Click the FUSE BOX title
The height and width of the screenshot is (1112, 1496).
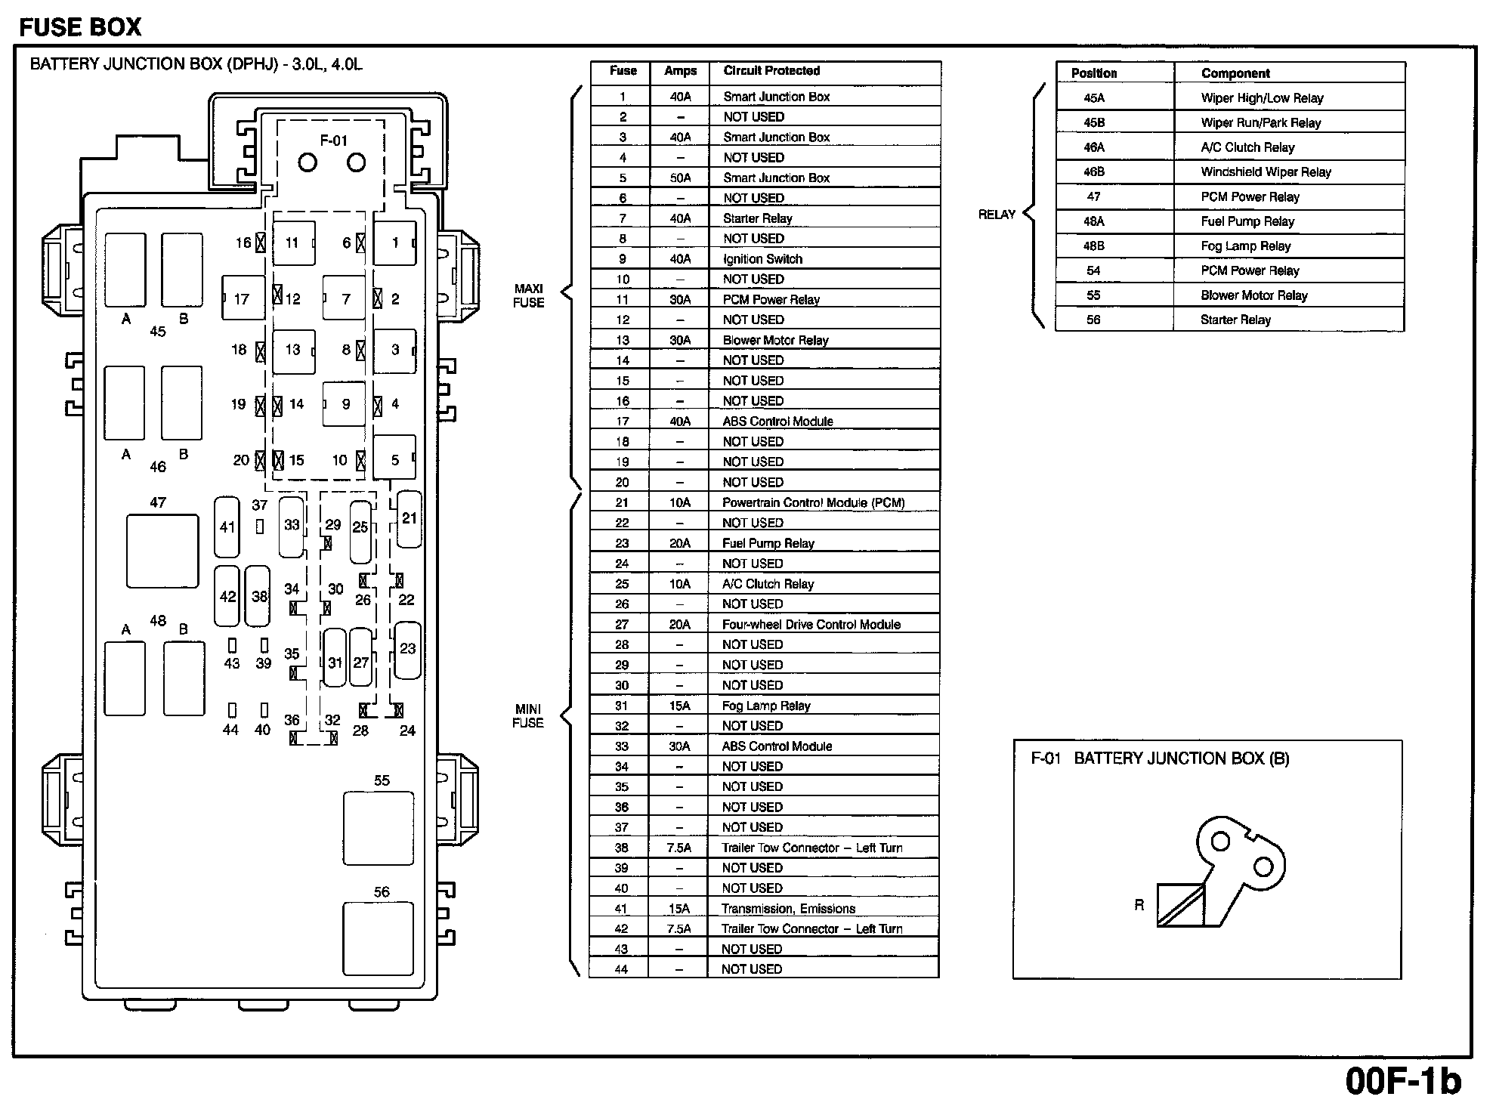click(x=80, y=28)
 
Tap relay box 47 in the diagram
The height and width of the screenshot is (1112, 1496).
click(x=162, y=551)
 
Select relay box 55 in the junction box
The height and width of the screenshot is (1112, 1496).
click(x=379, y=828)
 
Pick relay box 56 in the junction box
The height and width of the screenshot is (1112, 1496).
click(x=378, y=939)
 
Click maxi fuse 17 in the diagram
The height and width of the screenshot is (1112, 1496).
click(x=243, y=299)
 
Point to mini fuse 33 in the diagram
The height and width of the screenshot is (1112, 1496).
click(x=292, y=526)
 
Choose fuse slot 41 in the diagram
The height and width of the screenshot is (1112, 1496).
click(x=227, y=527)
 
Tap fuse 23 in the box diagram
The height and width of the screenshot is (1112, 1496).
click(x=408, y=650)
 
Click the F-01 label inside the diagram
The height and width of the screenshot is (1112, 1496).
click(x=333, y=141)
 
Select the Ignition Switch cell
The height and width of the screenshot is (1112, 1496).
click(x=762, y=259)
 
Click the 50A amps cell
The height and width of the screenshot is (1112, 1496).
click(x=680, y=178)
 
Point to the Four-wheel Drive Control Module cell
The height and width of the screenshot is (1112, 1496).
click(x=811, y=625)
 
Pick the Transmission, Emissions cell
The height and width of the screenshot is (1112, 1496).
click(x=788, y=909)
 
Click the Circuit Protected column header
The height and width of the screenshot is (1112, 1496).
click(x=771, y=71)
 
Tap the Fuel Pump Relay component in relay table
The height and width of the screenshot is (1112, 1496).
click(x=1247, y=221)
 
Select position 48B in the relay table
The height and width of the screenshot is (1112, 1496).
click(x=1094, y=246)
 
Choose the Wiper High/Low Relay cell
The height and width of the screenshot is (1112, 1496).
click(x=1262, y=98)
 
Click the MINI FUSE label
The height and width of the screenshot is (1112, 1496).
click(x=528, y=715)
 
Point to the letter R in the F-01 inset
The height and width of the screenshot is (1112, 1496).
click(x=1139, y=905)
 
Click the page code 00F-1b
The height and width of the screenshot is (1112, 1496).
click(x=1402, y=1081)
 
